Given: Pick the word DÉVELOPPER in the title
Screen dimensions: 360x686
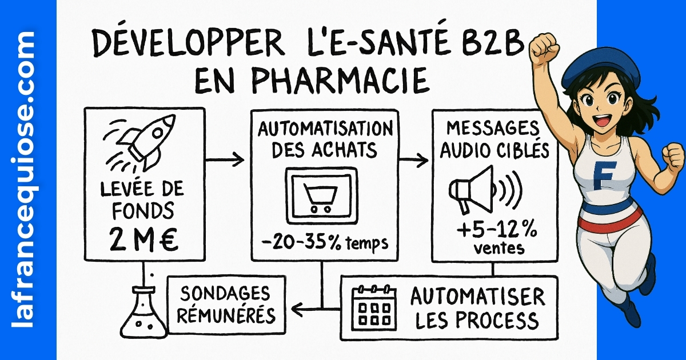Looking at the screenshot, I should click(182, 44).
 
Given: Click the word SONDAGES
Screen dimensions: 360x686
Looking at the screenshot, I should click(226, 294).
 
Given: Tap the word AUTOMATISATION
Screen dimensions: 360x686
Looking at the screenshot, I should click(324, 128).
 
